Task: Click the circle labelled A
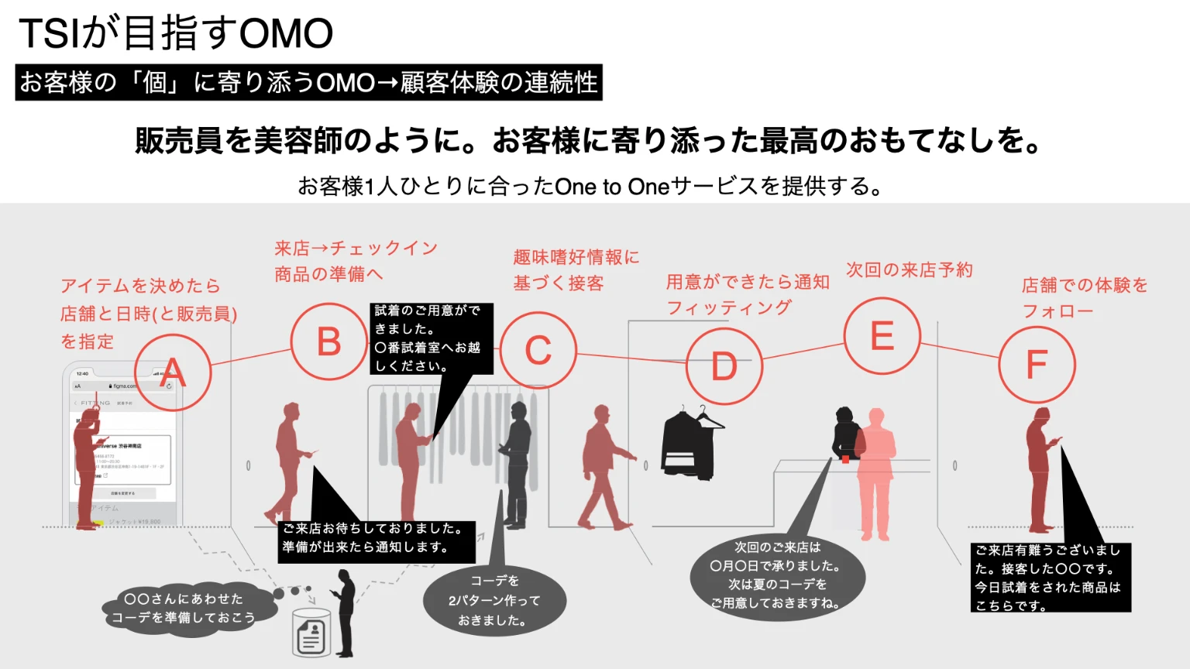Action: (x=173, y=372)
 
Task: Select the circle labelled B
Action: (x=329, y=341)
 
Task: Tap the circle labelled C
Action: (x=538, y=350)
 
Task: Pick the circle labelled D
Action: (x=724, y=366)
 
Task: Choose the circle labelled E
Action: (x=882, y=336)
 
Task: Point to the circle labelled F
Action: (x=1037, y=365)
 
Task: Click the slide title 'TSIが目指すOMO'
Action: (x=176, y=33)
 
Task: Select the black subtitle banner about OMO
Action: (x=308, y=82)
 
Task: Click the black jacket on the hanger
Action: (x=689, y=445)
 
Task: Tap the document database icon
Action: (x=311, y=633)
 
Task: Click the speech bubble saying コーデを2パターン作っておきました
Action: (x=494, y=600)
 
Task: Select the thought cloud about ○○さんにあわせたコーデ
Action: (x=184, y=609)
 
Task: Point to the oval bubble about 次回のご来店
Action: (x=776, y=575)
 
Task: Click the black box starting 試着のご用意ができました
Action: (x=431, y=338)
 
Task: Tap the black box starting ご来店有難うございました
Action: (x=1050, y=578)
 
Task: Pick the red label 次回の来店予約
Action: (x=909, y=269)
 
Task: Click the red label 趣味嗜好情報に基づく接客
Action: (x=576, y=270)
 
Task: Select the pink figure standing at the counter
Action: (x=875, y=472)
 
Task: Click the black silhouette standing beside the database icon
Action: (x=345, y=612)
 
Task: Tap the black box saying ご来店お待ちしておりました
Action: (x=377, y=538)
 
